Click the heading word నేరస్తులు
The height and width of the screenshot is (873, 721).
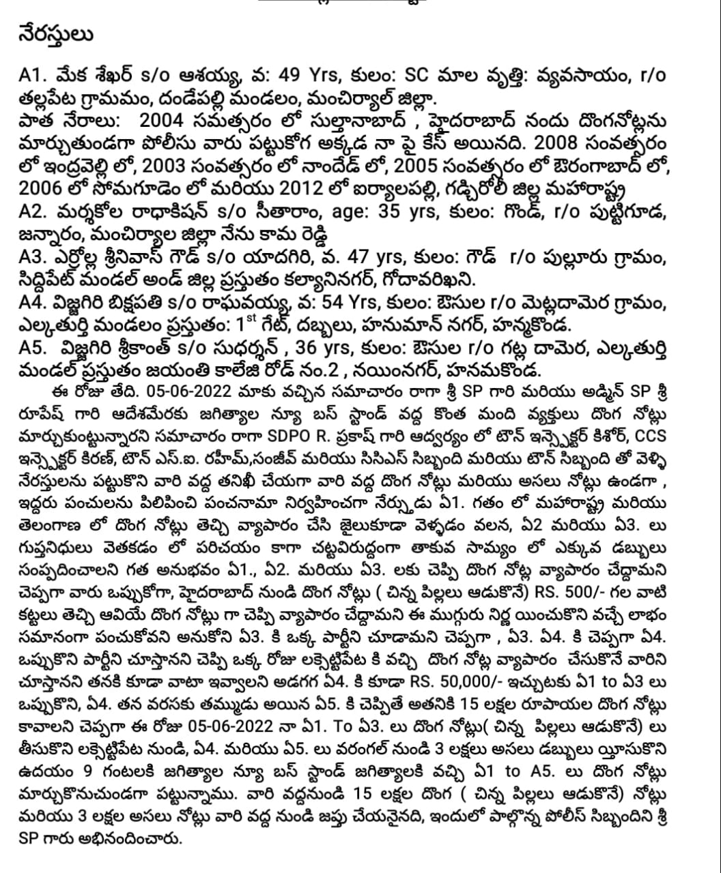[x=56, y=35]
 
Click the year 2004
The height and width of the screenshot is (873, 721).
[x=162, y=122]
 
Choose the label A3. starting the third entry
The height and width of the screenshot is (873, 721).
[x=33, y=258]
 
